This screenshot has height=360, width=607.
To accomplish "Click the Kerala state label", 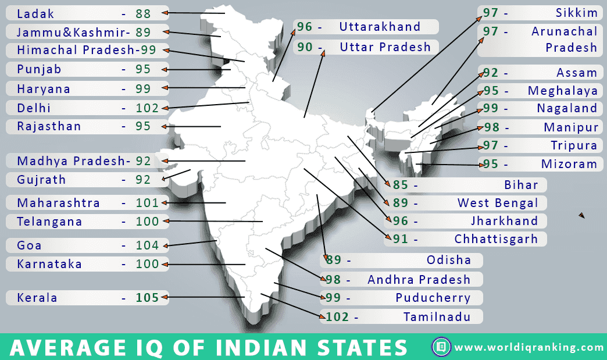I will [37, 298].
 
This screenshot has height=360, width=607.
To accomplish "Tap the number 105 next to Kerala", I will [147, 298].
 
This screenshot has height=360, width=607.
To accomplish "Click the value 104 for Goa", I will [147, 245].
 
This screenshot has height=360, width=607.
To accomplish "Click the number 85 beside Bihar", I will [401, 185].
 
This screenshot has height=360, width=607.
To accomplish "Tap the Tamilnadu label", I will [437, 317].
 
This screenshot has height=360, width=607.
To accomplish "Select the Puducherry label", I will [433, 298].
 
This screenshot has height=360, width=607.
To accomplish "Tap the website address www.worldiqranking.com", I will [529, 348].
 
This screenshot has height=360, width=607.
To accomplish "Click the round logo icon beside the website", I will [441, 347].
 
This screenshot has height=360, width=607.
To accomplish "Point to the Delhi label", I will [34, 108].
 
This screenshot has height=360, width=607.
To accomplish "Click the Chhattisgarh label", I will [496, 239].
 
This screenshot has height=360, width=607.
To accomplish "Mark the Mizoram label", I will [569, 164].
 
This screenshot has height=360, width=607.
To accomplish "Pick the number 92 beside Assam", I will [491, 73].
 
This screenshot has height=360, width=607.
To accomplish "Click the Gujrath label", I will [41, 180].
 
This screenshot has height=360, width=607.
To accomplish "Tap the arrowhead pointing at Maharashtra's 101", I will [165, 203].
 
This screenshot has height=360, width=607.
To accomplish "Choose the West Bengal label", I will [498, 203].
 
